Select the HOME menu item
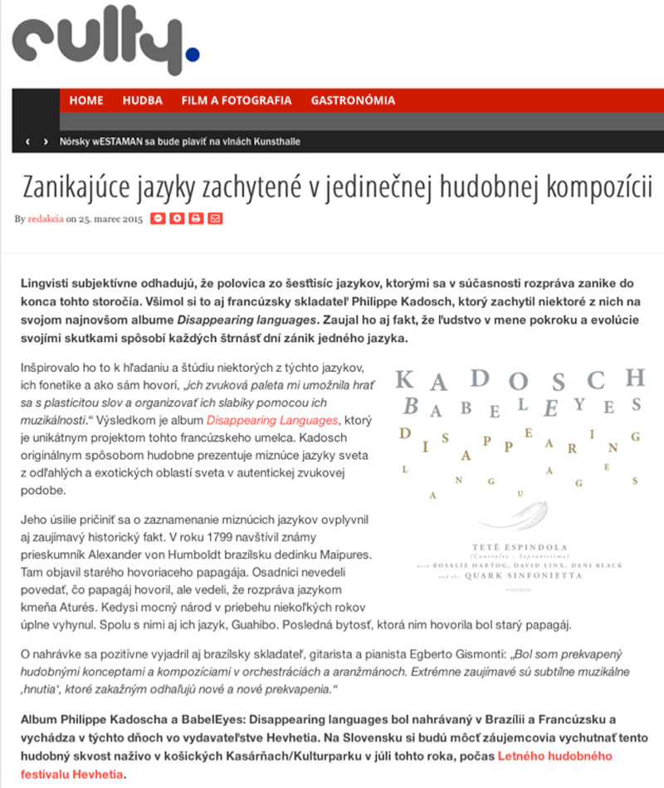86,100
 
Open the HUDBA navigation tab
142,100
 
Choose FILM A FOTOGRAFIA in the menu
237,100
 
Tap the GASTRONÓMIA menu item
353,100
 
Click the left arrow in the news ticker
28,142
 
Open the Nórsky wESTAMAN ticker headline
180,142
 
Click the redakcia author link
46,219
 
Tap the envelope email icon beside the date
216,218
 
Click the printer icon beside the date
196,218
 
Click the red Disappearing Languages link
272,420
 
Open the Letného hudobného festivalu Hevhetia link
554,756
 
